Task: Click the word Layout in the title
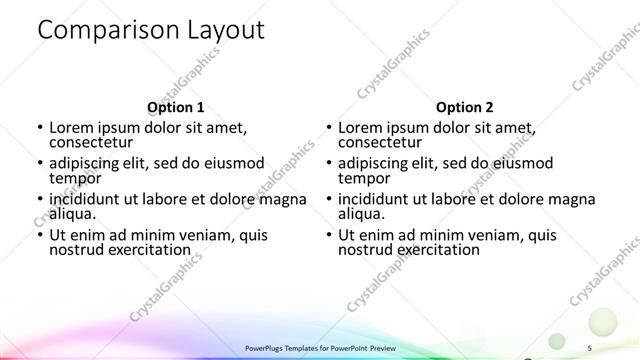click(222, 31)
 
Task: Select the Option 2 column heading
click(464, 107)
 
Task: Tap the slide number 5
click(589, 347)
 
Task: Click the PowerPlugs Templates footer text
click(320, 347)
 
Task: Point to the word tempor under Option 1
click(75, 178)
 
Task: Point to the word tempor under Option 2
click(364, 178)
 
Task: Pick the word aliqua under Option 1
click(72, 213)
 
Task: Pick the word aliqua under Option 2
click(361, 213)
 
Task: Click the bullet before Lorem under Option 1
click(39, 128)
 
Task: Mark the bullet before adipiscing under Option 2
click(328, 164)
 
